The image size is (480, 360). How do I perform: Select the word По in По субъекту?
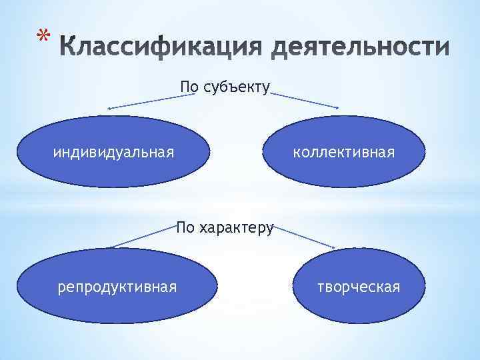tap(189, 87)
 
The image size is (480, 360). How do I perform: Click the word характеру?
tap(235, 228)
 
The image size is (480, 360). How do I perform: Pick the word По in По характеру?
tap(185, 228)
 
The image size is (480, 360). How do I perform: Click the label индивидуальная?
tap(114, 153)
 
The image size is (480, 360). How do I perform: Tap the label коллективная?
tap(344, 153)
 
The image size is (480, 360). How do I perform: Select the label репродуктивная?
tap(117, 287)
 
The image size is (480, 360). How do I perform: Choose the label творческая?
tap(359, 287)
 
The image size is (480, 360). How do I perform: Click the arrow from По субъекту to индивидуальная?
tap(147, 102)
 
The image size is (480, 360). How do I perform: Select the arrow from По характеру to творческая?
tap(303, 239)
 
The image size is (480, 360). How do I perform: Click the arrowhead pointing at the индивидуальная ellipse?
tap(111, 108)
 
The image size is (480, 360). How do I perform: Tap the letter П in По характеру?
tap(181, 228)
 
